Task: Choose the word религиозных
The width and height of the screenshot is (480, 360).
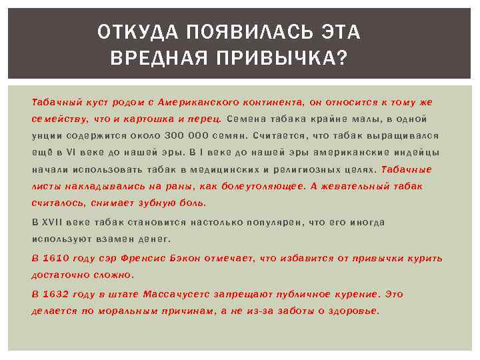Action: (x=301, y=169)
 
